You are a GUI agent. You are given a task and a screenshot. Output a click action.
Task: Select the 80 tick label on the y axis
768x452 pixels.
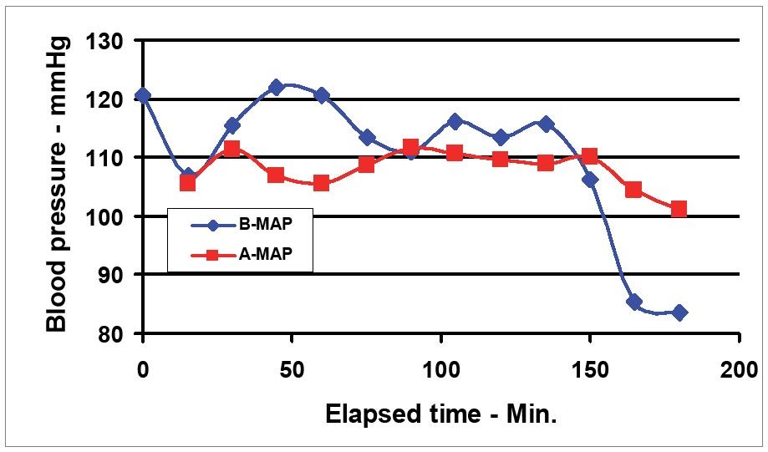pyautogui.click(x=111, y=334)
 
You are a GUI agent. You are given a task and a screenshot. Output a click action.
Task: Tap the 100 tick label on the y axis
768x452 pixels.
pyautogui.click(x=106, y=217)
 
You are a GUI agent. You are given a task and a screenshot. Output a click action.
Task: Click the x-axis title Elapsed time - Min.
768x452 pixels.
pyautogui.click(x=440, y=415)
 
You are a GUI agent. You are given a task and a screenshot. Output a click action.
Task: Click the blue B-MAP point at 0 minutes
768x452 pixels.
pyautogui.click(x=143, y=95)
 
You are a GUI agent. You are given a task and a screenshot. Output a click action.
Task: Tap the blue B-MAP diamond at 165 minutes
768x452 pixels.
pyautogui.click(x=634, y=302)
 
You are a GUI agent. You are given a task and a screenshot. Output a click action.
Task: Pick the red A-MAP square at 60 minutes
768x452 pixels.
pyautogui.click(x=322, y=183)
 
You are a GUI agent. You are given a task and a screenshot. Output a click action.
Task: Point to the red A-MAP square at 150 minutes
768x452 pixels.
pyautogui.click(x=589, y=156)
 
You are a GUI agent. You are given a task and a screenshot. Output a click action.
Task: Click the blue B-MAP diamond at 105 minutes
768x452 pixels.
pyautogui.click(x=455, y=121)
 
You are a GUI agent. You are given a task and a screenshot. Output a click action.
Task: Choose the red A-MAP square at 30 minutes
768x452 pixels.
pyautogui.click(x=232, y=149)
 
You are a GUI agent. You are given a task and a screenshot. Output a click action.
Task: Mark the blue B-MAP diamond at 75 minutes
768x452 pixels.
pyautogui.click(x=367, y=137)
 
